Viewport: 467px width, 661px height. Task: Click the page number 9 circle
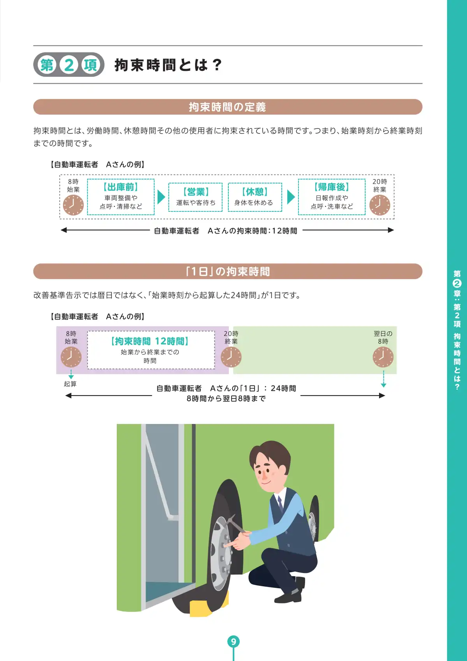(233, 641)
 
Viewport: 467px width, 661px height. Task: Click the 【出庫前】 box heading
(121, 187)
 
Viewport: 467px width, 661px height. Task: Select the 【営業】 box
(195, 197)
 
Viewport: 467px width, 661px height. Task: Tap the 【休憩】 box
(255, 197)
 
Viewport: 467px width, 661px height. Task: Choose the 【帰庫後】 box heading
(332, 187)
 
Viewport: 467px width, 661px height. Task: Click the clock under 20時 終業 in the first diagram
(379, 205)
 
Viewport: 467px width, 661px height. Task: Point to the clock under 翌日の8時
(383, 357)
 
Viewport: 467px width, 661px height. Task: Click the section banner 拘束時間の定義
(228, 107)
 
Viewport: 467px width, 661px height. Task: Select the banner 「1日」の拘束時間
(228, 271)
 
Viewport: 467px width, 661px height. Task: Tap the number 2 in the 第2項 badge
(69, 65)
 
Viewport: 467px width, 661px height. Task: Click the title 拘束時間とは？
(168, 65)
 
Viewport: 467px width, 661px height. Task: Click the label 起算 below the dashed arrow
(70, 384)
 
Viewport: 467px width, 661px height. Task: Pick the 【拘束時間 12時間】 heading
(150, 341)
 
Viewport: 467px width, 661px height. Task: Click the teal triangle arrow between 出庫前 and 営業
(161, 197)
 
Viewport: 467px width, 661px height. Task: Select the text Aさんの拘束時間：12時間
(252, 231)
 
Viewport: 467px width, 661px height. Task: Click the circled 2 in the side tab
(457, 283)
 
